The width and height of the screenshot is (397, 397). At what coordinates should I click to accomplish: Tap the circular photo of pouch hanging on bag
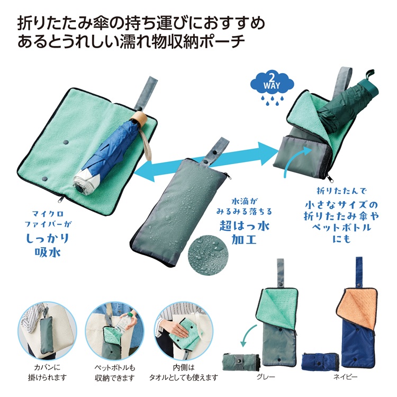click(42, 329)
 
